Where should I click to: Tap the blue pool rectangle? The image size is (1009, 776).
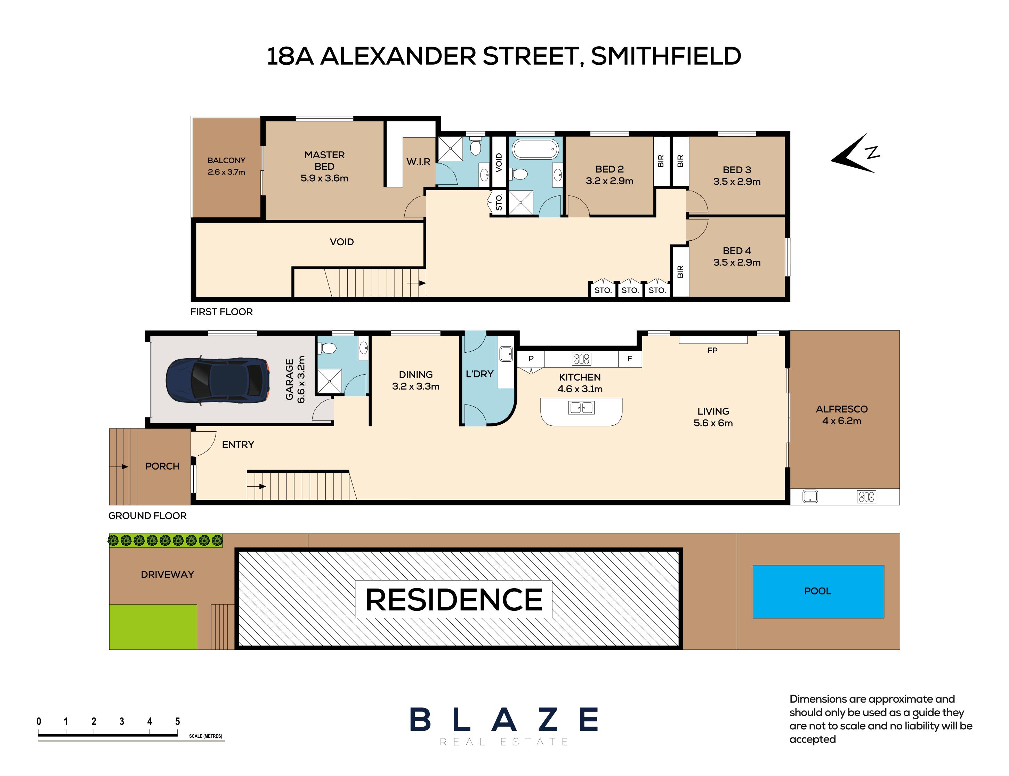pos(818,591)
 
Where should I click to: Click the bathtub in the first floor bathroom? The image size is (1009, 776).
pos(535,149)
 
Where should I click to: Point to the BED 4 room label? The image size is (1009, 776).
pos(736,251)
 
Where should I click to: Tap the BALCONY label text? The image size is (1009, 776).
pos(226,160)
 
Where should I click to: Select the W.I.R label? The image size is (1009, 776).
pos(418,162)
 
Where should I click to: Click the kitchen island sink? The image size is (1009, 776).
pos(581,407)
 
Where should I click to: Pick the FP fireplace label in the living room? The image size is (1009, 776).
pos(712,351)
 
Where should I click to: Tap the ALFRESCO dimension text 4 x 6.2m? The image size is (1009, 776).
pos(841,421)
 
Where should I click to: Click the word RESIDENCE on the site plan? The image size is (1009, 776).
pos(453,600)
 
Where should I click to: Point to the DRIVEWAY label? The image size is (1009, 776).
pos(167,575)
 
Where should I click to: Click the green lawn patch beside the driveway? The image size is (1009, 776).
pos(153,627)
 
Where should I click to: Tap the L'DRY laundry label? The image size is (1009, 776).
pos(479,374)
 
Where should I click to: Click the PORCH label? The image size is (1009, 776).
pos(162,466)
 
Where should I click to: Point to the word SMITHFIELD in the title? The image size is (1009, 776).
pos(666,56)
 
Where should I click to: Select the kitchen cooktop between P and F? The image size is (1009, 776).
pos(581,359)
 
